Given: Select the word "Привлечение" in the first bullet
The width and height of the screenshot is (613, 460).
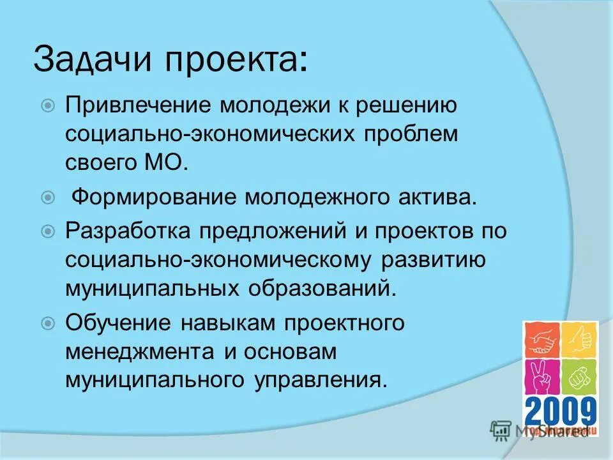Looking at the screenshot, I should pyautogui.click(x=139, y=105).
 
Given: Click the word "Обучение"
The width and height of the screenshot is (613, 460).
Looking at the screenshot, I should pyautogui.click(x=118, y=323).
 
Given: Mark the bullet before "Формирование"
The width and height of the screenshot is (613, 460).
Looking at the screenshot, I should pyautogui.click(x=48, y=197).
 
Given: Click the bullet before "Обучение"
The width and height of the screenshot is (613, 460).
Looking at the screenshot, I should pyautogui.click(x=48, y=323).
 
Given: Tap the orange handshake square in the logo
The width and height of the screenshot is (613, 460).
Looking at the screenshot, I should pyautogui.click(x=542, y=340).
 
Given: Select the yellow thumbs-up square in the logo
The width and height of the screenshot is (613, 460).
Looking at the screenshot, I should pyautogui.click(x=579, y=339).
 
